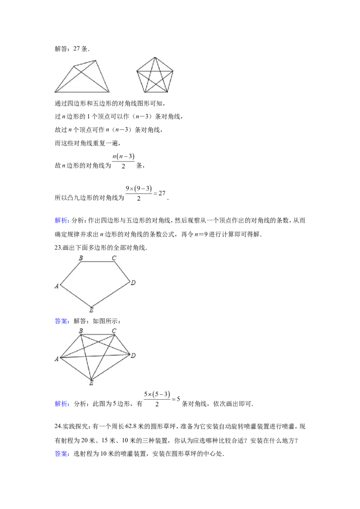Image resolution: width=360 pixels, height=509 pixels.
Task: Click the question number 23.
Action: (x=58, y=248)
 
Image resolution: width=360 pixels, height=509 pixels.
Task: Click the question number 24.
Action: (x=58, y=426)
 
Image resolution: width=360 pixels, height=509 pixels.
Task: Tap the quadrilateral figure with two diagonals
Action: (x=82, y=76)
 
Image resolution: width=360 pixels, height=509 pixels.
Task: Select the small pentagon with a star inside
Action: (x=155, y=75)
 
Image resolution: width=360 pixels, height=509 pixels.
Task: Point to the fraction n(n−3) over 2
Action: (x=123, y=161)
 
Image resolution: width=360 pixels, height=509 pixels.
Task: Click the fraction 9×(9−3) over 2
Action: (x=139, y=193)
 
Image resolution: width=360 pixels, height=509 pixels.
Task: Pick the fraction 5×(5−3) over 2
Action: (x=157, y=399)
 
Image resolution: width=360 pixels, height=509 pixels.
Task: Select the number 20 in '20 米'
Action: (x=84, y=441)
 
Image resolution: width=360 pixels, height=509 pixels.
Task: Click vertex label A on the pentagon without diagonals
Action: (x=57, y=286)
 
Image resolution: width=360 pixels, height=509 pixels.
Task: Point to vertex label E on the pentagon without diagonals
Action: (x=91, y=310)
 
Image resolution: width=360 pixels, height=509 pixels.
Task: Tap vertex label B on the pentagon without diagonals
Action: (x=81, y=258)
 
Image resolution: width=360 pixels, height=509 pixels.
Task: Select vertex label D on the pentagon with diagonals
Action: (x=133, y=356)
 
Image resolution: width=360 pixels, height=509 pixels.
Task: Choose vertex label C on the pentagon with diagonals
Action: (x=114, y=331)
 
